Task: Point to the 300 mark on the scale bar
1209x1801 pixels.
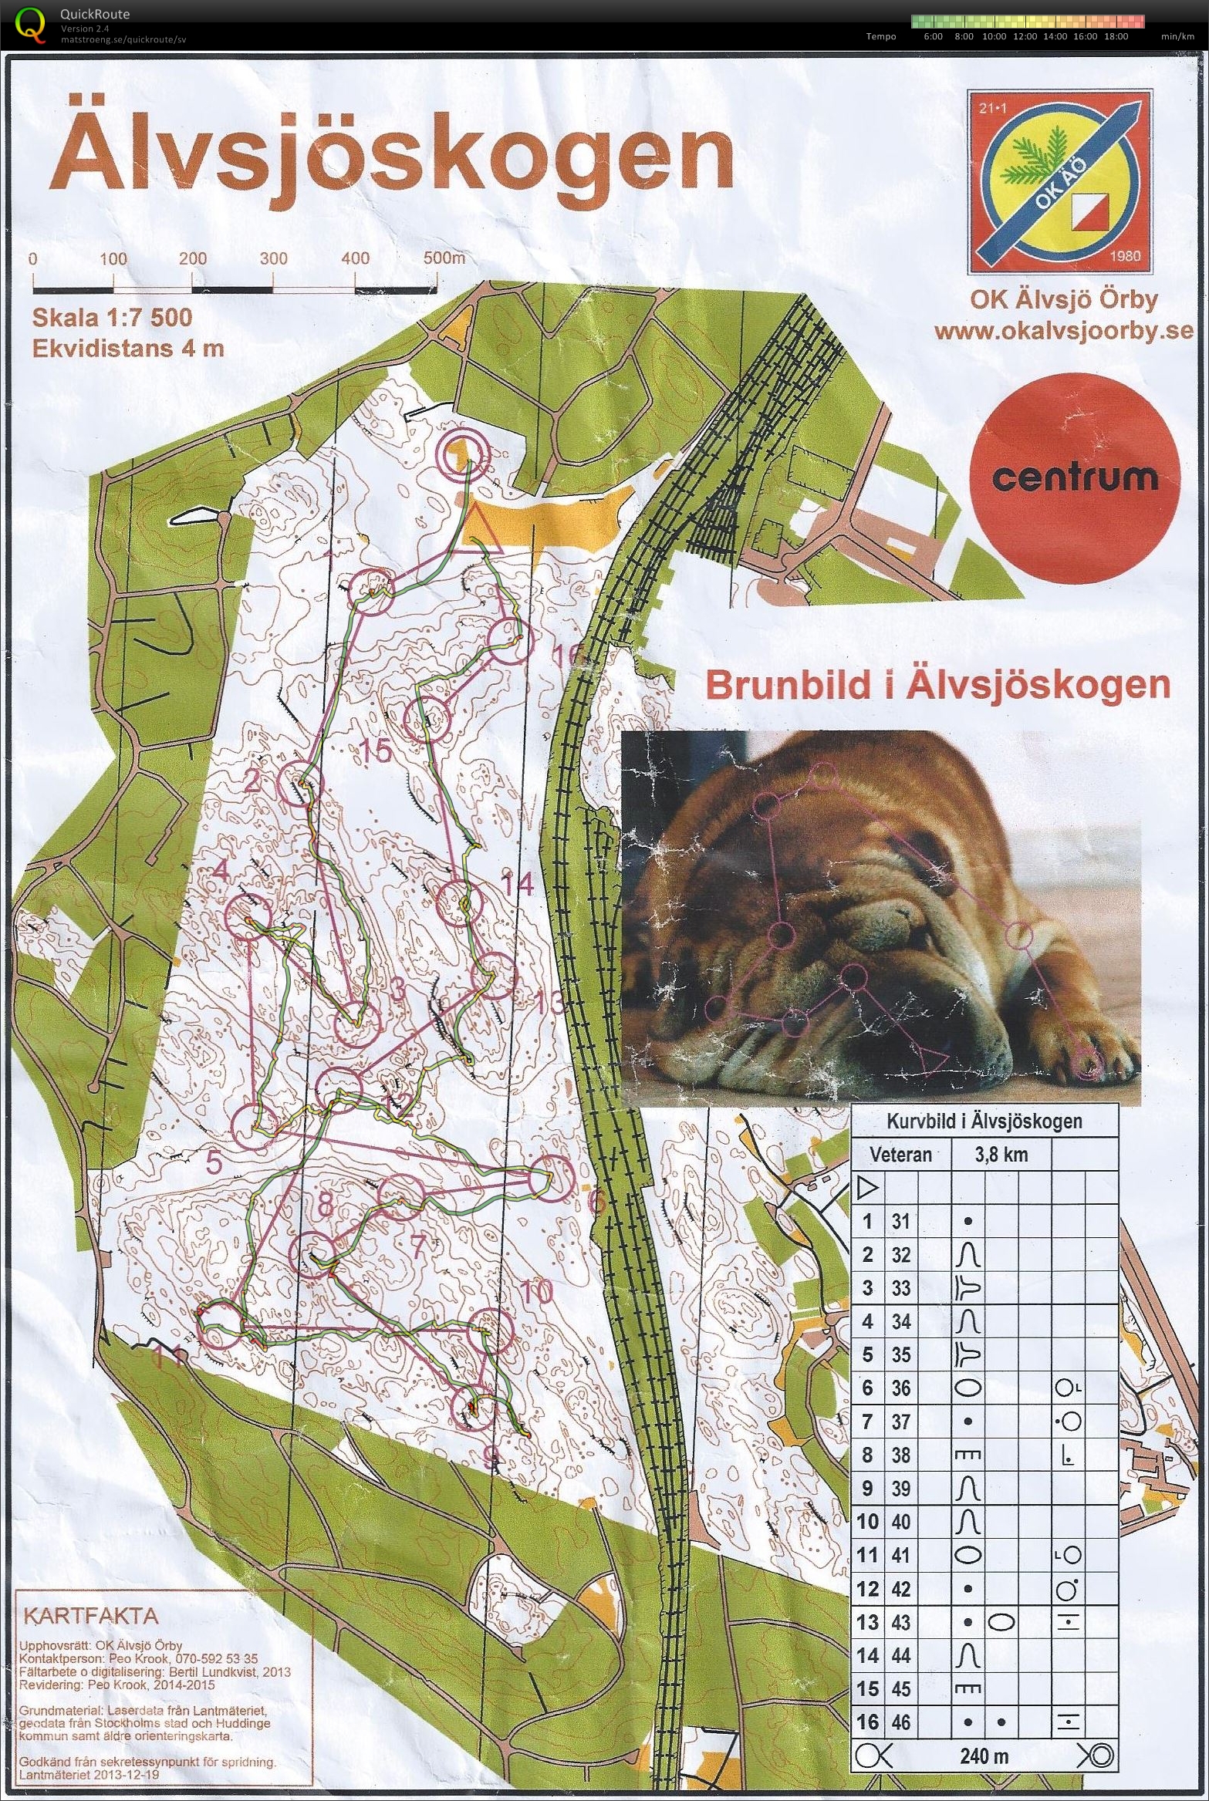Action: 273,259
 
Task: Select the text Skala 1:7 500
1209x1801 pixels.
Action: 112,318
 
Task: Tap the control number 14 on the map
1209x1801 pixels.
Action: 517,884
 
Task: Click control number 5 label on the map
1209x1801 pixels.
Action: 214,1162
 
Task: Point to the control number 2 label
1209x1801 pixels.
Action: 252,782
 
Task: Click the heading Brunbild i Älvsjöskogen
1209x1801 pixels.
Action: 937,685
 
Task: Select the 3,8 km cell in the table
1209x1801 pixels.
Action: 1001,1155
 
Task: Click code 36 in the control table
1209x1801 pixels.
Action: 900,1388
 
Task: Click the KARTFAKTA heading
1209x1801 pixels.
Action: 91,1616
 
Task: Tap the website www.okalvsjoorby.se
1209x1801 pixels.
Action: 1063,332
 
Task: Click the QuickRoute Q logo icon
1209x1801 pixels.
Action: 31,23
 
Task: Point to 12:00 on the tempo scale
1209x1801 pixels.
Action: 1025,36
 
